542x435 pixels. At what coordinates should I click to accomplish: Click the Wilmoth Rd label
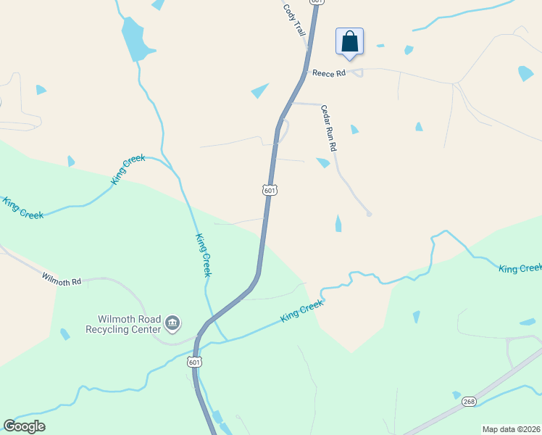click(x=62, y=279)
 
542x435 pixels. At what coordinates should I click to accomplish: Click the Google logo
click(x=24, y=426)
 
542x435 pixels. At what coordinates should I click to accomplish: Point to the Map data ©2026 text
click(x=511, y=429)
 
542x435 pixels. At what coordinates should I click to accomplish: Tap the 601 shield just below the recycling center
click(x=194, y=362)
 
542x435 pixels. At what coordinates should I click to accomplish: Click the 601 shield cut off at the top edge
click(x=316, y=2)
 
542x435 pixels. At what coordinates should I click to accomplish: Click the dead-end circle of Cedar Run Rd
click(x=369, y=214)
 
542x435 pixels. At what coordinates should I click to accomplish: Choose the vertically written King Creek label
click(x=204, y=254)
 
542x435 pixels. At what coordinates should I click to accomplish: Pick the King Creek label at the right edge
click(x=520, y=268)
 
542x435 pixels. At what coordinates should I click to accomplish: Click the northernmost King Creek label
click(x=129, y=169)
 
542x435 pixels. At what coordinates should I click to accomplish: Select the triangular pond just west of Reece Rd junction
click(x=259, y=91)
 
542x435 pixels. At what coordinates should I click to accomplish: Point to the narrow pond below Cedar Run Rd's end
click(x=338, y=223)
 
